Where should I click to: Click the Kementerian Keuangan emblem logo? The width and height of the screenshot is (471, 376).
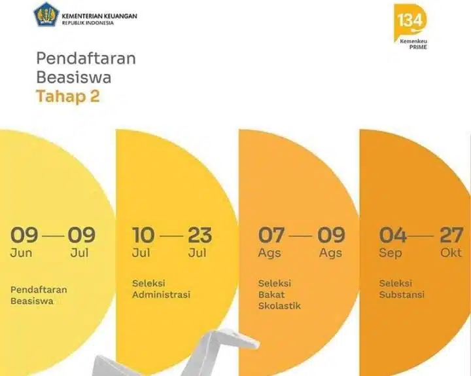tap(46, 14)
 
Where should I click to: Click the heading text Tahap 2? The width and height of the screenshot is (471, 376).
tap(68, 97)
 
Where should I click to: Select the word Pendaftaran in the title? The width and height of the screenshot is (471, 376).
tap(86, 58)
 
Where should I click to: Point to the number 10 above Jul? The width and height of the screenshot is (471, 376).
tap(143, 235)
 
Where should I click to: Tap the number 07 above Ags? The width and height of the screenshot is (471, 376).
tap(271, 235)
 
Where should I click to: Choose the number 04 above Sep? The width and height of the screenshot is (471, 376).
tap(392, 235)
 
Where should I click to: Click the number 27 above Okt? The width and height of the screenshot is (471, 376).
tap(451, 235)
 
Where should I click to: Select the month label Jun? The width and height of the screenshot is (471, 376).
tap(21, 254)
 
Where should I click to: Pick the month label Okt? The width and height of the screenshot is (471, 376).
tap(451, 254)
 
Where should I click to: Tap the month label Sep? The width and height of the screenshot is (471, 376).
tap(391, 254)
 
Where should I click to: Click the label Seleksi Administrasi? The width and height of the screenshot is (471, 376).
tap(161, 289)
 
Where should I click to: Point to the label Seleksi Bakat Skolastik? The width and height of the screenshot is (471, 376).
tap(279, 294)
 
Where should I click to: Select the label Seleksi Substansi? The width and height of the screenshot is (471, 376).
tap(402, 289)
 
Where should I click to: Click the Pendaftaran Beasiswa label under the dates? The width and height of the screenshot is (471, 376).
tap(39, 295)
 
